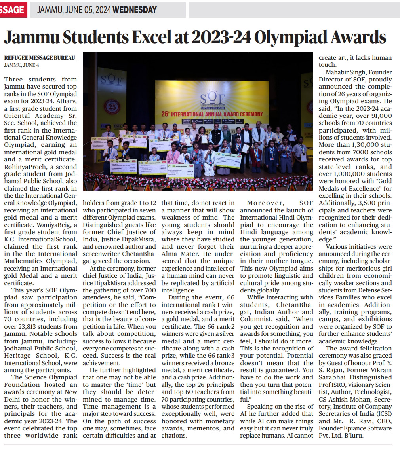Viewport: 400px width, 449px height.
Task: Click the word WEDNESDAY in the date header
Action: (135, 10)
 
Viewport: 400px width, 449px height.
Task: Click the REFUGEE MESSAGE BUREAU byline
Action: (40, 58)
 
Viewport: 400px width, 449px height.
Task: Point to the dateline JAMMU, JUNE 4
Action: (22, 65)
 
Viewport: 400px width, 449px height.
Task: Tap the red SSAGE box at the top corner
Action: (13, 10)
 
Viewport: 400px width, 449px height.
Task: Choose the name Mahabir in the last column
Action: (339, 72)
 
